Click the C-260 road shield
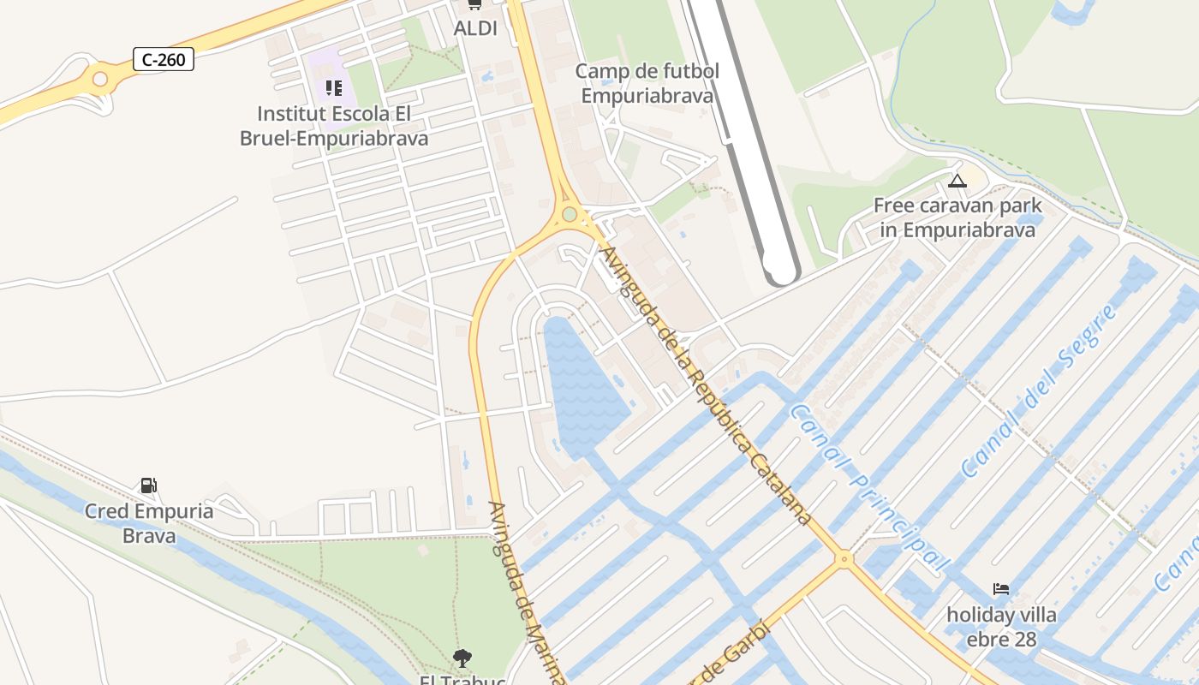(164, 59)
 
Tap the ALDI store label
(475, 28)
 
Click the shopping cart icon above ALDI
(474, 5)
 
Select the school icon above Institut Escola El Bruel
(334, 87)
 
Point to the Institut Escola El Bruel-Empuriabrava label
(334, 125)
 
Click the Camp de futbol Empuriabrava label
(647, 83)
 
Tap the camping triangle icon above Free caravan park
(957, 181)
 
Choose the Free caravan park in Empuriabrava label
(957, 217)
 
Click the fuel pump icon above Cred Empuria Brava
(149, 485)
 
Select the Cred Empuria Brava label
(149, 523)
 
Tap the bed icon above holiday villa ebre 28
(1000, 589)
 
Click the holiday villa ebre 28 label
(1001, 627)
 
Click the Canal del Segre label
(1038, 391)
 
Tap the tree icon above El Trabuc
(462, 658)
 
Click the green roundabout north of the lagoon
(570, 213)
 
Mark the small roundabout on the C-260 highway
(100, 80)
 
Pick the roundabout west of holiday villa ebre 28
(844, 559)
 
